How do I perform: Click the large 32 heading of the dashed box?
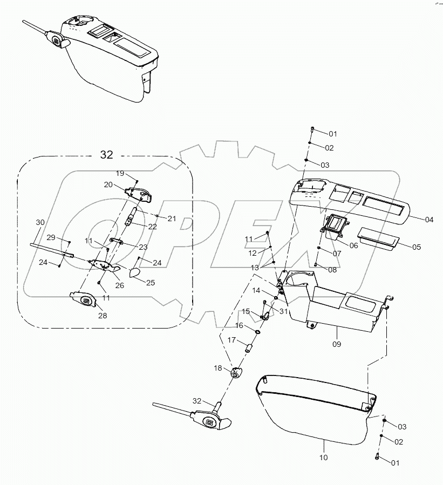[106, 155]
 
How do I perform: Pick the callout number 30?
[40, 222]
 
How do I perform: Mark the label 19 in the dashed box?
[120, 173]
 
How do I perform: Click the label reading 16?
[238, 326]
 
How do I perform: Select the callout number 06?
[353, 245]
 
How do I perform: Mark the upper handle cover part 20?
[139, 194]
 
